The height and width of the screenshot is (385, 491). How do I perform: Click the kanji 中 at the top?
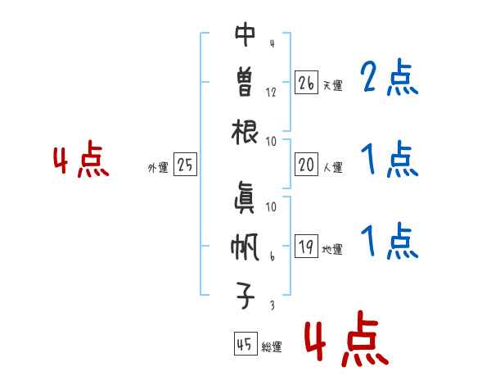pos(245,35)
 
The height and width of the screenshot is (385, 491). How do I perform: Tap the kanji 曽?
pos(245,83)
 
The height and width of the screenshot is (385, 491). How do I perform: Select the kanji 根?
pos(245,131)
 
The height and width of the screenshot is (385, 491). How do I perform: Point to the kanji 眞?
pos(245,197)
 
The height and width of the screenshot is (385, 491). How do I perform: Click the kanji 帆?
pos(245,247)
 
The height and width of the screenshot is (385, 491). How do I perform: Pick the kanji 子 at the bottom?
pos(245,295)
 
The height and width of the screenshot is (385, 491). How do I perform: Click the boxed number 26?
pos(306,83)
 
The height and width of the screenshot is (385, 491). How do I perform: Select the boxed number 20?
pos(306,165)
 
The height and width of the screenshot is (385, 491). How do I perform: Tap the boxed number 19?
pos(306,247)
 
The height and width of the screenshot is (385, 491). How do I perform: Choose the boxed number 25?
pos(185,165)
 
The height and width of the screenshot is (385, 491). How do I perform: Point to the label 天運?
pos(332,85)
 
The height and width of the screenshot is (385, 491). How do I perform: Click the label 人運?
pos(332,167)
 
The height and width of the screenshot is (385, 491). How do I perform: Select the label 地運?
pos(332,249)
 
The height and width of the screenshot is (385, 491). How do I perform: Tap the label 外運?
pos(158,167)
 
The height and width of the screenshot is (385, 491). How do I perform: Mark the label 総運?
pos(272,347)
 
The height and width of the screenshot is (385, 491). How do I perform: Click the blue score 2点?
pos(389,79)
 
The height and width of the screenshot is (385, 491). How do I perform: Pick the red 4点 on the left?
pos(81,161)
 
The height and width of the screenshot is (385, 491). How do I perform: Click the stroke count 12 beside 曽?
pos(271,92)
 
